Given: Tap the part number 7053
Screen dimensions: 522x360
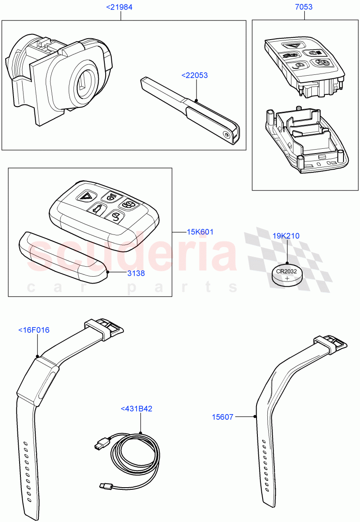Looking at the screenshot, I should [x=303, y=7].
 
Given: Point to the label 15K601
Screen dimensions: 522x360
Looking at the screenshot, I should [x=200, y=232].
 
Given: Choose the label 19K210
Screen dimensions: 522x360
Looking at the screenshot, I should [x=286, y=236].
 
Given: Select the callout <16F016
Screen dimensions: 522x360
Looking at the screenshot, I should [x=34, y=330].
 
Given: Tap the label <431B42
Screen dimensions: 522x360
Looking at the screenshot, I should [x=137, y=409].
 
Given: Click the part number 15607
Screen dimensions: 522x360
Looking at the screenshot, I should [x=222, y=417].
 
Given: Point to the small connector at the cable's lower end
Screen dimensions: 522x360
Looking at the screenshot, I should [x=105, y=485].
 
